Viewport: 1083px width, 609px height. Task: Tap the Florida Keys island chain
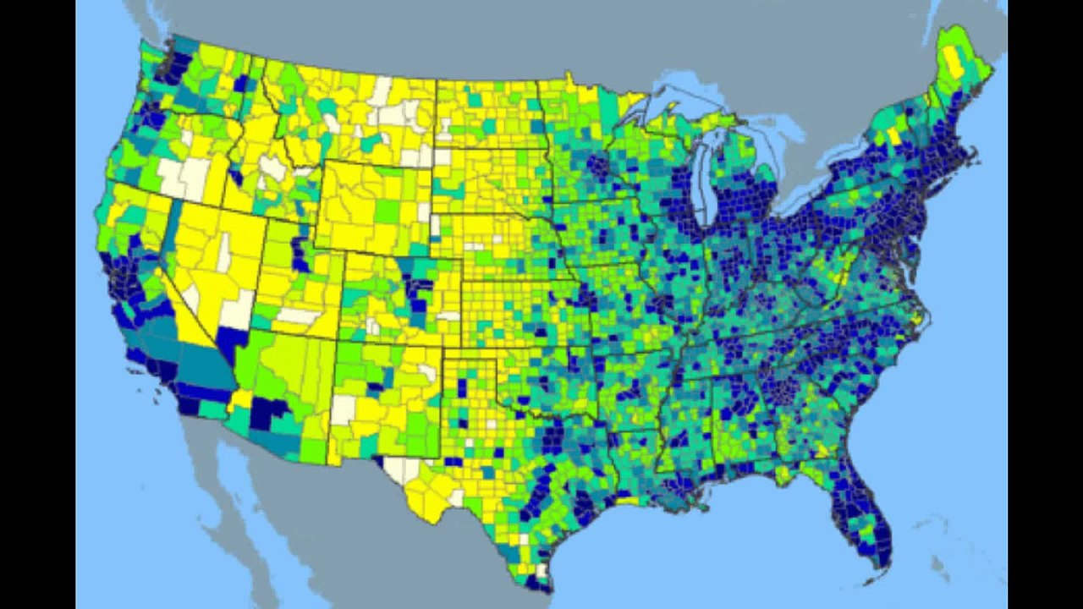click(867, 580)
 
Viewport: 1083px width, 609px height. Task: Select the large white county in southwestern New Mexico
click(344, 409)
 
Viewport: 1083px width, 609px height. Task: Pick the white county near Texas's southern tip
click(542, 570)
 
